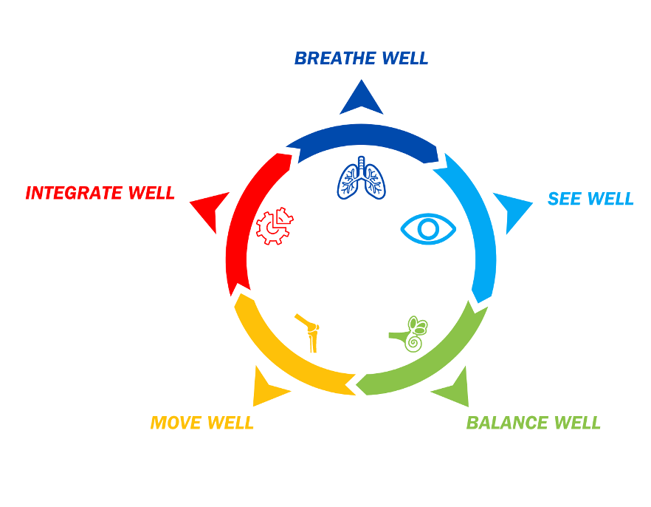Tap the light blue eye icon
pos(428,228)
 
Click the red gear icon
pos(275,226)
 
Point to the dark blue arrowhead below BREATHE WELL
pos(361,99)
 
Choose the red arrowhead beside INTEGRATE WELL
pos(210,209)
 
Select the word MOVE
pos(176,423)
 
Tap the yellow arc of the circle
pos(284,362)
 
